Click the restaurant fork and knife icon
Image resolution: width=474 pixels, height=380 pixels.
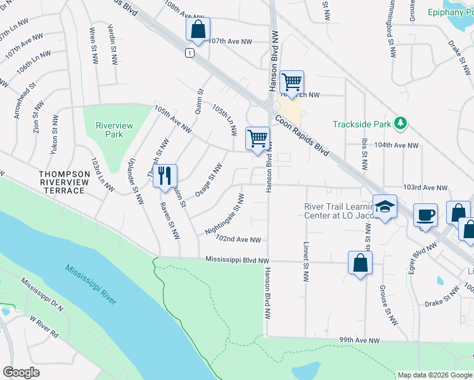(x=165, y=175)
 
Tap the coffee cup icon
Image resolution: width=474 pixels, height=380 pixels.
(x=425, y=215)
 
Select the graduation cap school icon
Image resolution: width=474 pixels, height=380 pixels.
(x=384, y=206)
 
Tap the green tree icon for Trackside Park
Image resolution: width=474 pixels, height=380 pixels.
(x=400, y=122)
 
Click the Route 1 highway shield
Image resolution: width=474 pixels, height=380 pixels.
(x=189, y=53)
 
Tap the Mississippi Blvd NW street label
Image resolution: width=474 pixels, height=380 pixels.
(x=237, y=260)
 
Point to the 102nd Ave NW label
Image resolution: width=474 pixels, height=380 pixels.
(x=238, y=240)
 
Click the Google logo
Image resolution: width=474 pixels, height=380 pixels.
(x=21, y=372)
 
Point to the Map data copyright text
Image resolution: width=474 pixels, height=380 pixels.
(x=435, y=375)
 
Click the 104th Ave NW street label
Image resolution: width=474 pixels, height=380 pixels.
(x=397, y=145)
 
